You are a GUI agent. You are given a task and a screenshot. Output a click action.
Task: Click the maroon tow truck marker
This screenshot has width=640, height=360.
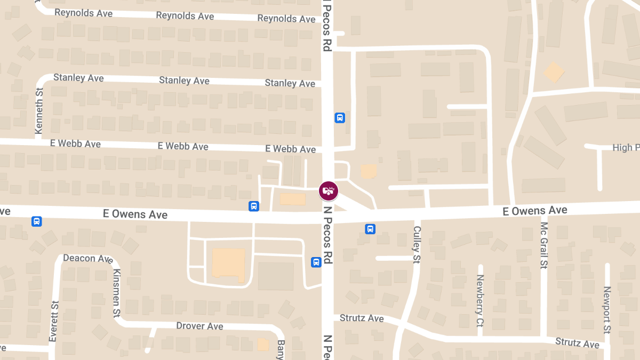point(329,190)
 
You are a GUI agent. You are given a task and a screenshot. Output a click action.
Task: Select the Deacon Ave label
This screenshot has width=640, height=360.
point(88,259)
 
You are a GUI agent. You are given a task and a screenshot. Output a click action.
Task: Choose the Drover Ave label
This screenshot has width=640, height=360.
point(199,326)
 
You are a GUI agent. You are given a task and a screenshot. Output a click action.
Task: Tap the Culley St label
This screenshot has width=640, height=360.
point(417,244)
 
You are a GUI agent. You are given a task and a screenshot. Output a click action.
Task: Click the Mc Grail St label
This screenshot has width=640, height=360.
point(543,245)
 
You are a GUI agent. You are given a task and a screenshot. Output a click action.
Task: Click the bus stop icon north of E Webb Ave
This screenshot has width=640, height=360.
point(339,118)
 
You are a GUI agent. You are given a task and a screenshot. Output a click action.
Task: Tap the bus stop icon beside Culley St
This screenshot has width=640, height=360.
point(370,229)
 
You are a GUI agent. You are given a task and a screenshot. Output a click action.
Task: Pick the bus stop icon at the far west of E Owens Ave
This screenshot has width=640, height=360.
point(36,221)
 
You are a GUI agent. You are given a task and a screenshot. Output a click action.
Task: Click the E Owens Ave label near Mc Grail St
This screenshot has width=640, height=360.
point(535,211)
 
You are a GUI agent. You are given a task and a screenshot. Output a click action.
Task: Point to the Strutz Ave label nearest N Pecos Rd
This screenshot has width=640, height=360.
point(362,318)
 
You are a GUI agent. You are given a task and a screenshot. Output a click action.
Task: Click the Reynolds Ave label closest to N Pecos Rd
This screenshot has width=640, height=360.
point(286,19)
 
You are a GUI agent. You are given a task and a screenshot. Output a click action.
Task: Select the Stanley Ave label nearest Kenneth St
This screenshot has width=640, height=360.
point(78,78)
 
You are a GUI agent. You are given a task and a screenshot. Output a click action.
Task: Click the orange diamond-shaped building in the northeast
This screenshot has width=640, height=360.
point(554,71)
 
